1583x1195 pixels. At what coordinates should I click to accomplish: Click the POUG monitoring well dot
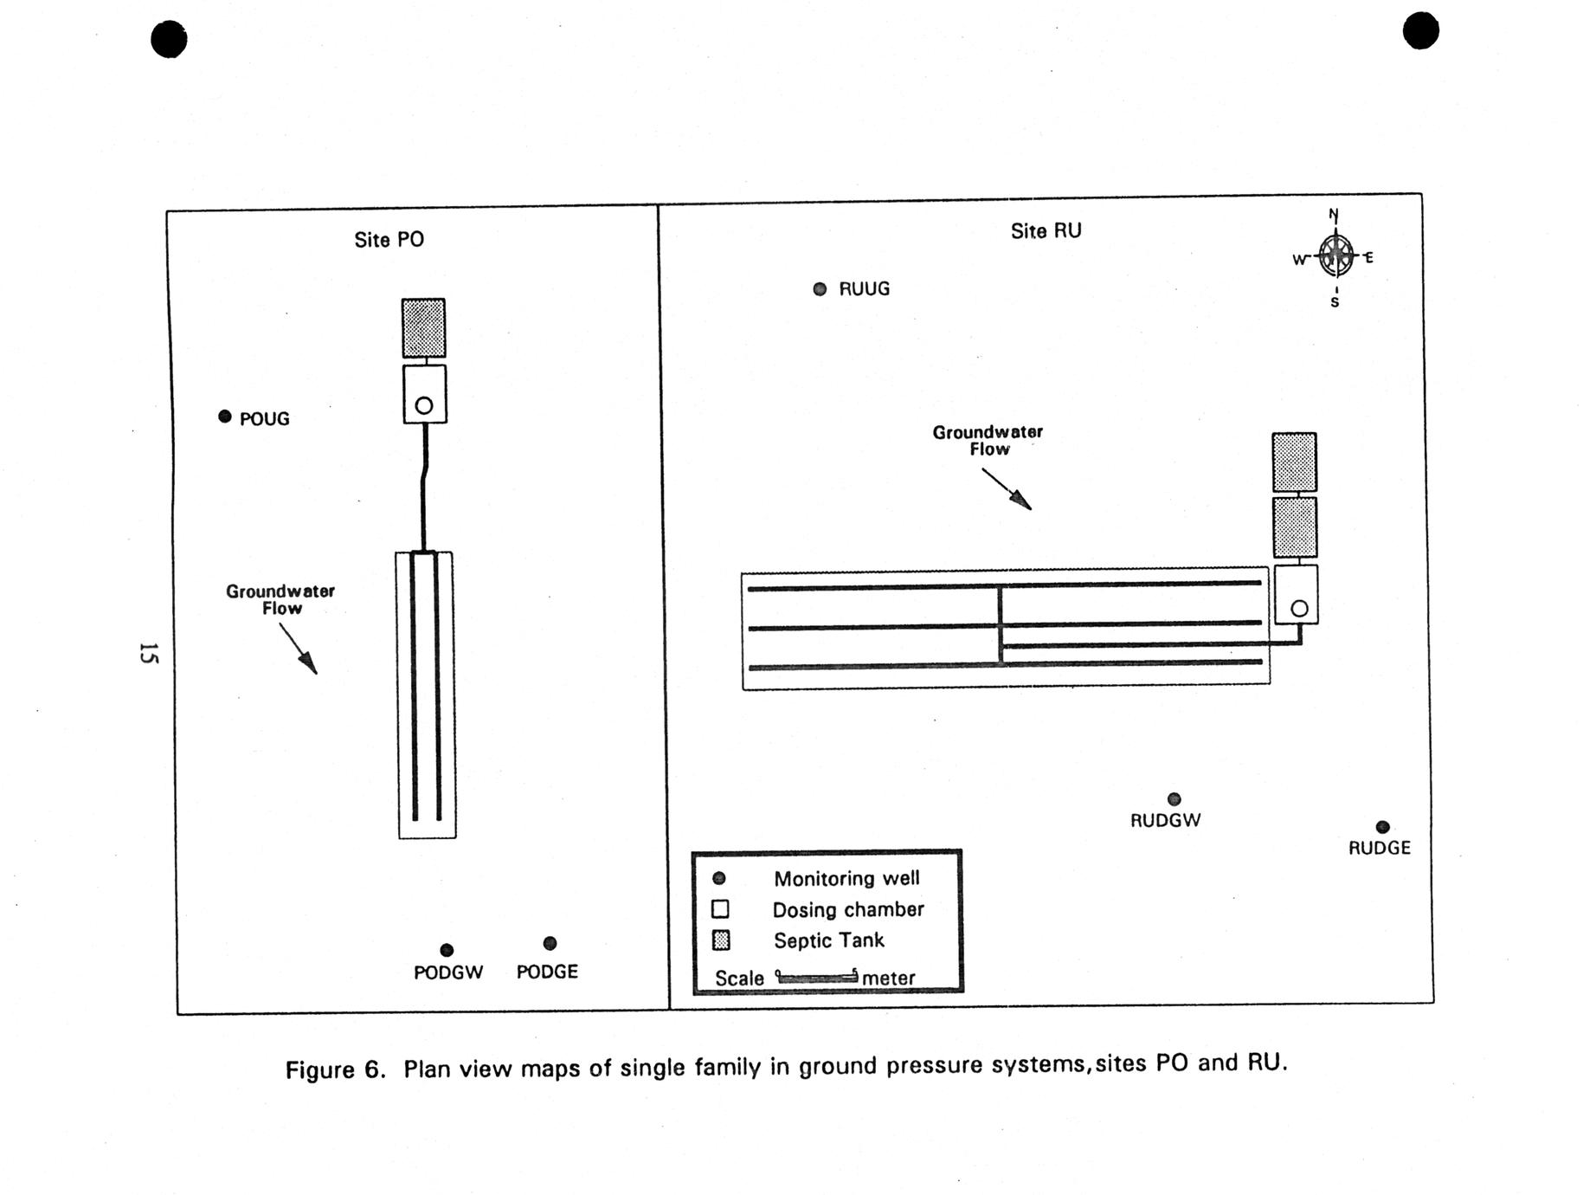(x=225, y=417)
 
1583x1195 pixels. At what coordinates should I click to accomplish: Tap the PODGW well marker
(x=447, y=950)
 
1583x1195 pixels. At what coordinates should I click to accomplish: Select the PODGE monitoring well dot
(x=550, y=943)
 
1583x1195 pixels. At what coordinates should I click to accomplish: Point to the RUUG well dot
(x=820, y=289)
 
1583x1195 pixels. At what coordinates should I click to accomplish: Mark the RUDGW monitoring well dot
(x=1174, y=798)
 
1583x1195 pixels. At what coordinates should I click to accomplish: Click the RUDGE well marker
(x=1382, y=827)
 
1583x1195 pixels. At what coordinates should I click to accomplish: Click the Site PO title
(x=389, y=240)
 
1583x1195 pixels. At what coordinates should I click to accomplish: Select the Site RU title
(x=1046, y=231)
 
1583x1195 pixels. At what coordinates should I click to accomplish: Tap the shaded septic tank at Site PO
(x=423, y=327)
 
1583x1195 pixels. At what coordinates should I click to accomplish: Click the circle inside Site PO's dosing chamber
(x=424, y=405)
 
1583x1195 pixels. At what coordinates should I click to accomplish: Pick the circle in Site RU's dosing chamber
(x=1299, y=609)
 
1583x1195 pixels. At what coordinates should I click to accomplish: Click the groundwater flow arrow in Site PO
(x=299, y=649)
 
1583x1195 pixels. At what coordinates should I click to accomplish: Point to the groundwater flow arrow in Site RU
(x=1007, y=489)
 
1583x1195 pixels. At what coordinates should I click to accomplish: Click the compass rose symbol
(x=1335, y=255)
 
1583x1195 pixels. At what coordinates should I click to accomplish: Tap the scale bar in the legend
(x=817, y=978)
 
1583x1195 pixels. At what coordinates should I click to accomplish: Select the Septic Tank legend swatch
(x=720, y=940)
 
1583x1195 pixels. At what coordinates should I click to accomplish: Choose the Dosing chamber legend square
(x=720, y=909)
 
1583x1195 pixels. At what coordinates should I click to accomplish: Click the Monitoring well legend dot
(x=718, y=878)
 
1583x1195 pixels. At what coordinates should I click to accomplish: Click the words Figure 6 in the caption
(x=335, y=1069)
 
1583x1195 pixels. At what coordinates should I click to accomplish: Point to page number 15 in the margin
(x=149, y=653)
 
